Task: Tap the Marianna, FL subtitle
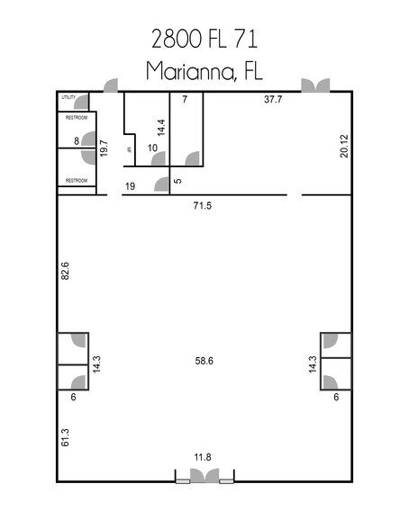(x=204, y=71)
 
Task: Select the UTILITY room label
(x=68, y=97)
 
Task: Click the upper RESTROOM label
(x=75, y=117)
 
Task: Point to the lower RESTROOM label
(x=75, y=181)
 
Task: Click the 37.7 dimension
(x=273, y=100)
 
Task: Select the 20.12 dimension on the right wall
(x=343, y=147)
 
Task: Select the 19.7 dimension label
(x=105, y=148)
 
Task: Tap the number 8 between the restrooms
(x=77, y=140)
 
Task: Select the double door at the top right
(x=315, y=85)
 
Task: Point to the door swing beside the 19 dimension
(x=162, y=185)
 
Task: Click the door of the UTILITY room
(x=82, y=101)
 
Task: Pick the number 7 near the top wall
(x=183, y=100)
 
